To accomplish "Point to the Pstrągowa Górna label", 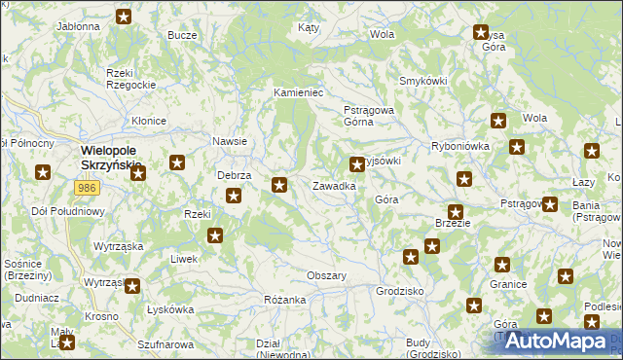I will (368, 116).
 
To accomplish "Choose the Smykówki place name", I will (421, 81).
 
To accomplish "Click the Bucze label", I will (182, 34).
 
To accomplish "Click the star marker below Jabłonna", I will (125, 17).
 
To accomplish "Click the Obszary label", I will (327, 275).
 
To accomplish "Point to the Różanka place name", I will (285, 300).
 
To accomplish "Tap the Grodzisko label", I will (399, 291).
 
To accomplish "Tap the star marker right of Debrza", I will (280, 184).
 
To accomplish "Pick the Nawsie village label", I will (230, 141).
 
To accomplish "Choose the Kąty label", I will (310, 28).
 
